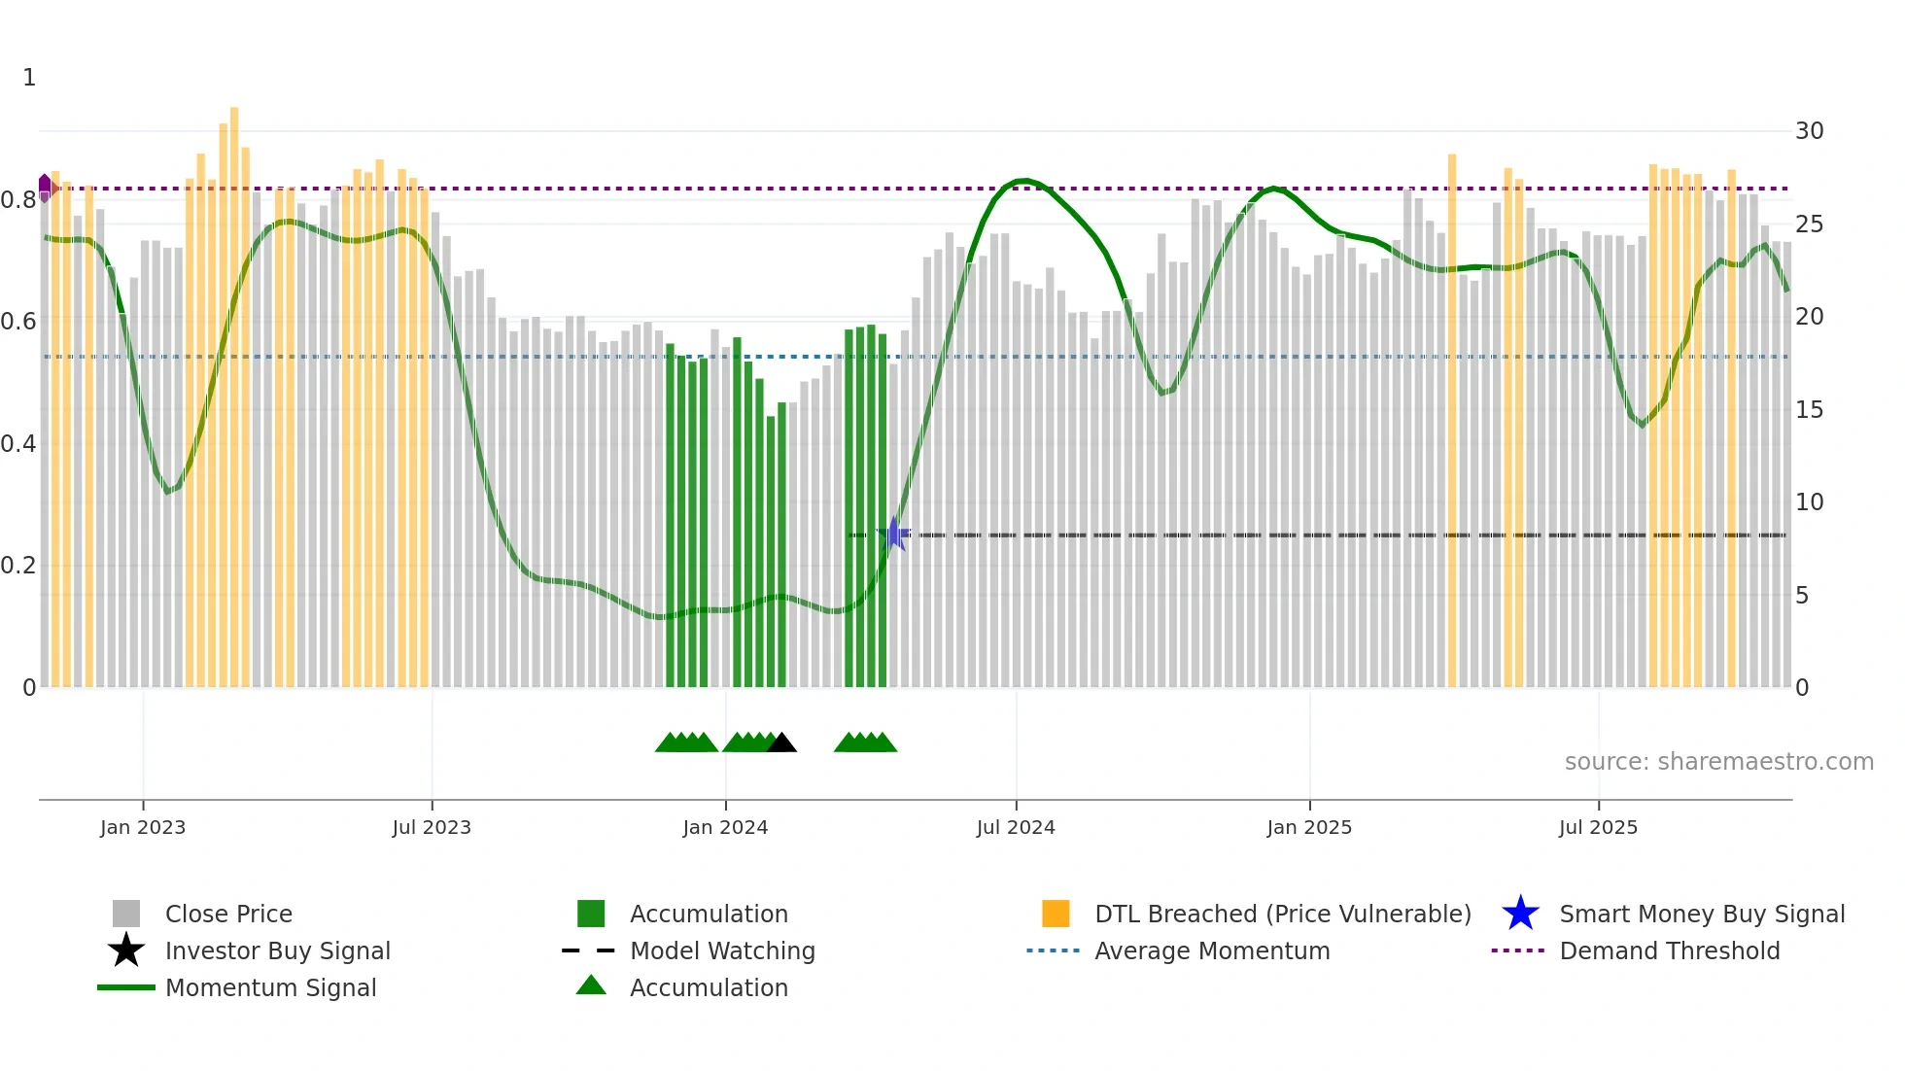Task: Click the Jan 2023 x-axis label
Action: [x=142, y=827]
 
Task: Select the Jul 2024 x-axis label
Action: [x=1016, y=827]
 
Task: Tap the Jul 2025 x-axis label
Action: [x=1598, y=827]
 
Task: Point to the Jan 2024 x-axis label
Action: [x=725, y=827]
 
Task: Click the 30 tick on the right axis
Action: [x=1809, y=131]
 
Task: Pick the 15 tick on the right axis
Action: [x=1809, y=410]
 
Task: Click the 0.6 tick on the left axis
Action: [x=18, y=322]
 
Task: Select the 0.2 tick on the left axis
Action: [x=18, y=566]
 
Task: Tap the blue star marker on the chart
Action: [x=893, y=534]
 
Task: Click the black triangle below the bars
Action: [x=781, y=743]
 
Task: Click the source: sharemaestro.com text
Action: [x=1718, y=762]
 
